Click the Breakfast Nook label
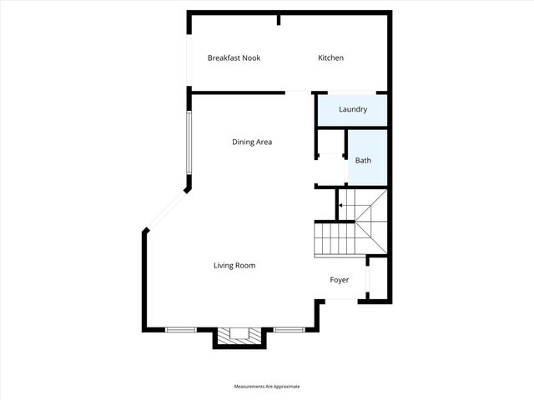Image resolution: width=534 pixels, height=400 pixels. pyautogui.click(x=234, y=58)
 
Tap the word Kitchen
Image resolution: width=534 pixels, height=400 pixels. pyautogui.click(x=330, y=58)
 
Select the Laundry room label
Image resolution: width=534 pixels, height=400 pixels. pyautogui.click(x=353, y=110)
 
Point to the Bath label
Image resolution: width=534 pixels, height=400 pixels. pyautogui.click(x=363, y=160)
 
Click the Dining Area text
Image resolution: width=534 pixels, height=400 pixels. pyautogui.click(x=252, y=142)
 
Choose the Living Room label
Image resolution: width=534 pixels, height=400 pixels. pyautogui.click(x=234, y=266)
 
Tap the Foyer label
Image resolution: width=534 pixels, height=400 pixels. pyautogui.click(x=340, y=280)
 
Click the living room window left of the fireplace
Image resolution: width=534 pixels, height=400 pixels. pyautogui.click(x=181, y=330)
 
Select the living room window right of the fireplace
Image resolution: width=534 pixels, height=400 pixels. pyautogui.click(x=289, y=330)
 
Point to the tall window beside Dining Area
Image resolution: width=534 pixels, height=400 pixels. pyautogui.click(x=190, y=142)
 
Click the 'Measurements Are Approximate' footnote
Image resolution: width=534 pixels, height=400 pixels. pyautogui.click(x=267, y=387)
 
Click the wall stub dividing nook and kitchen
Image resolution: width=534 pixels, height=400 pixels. pyautogui.click(x=280, y=20)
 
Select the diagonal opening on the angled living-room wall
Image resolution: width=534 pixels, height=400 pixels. pyautogui.click(x=167, y=209)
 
